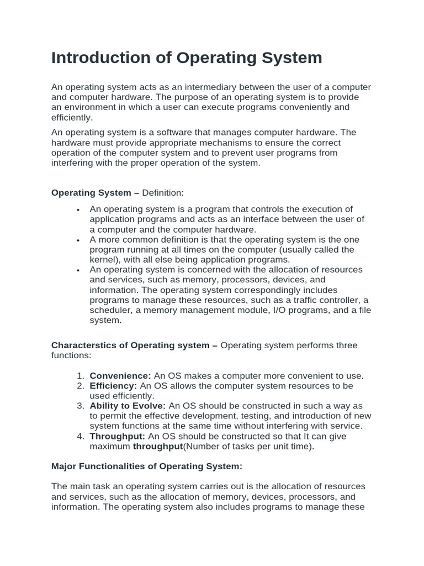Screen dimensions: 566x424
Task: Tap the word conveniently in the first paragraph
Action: [308, 107]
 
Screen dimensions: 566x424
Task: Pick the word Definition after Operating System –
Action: [162, 193]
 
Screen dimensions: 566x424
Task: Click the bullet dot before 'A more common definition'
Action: [79, 240]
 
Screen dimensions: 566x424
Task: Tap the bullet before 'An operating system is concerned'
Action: [79, 270]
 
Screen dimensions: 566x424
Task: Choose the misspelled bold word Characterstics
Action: [89, 345]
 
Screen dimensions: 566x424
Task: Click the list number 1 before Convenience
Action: [81, 376]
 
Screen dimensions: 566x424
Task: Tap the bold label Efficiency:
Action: [113, 386]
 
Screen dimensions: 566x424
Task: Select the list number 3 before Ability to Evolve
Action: [81, 406]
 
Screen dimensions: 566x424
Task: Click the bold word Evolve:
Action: [150, 406]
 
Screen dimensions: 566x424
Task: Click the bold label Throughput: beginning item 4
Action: [117, 436]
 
